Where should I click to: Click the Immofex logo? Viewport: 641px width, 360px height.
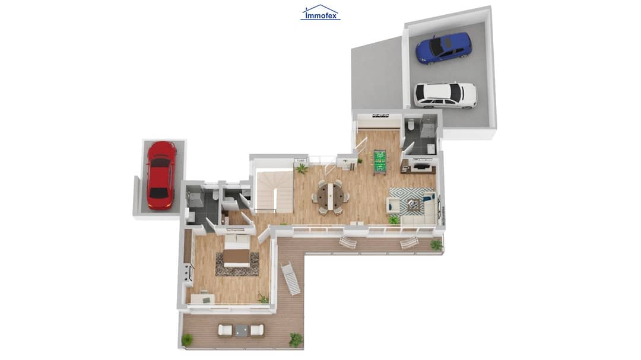coord(320,12)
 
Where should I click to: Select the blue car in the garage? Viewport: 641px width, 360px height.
coord(443,48)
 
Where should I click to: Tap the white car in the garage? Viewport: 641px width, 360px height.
coord(445,95)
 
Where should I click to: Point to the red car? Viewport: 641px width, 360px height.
coord(161,175)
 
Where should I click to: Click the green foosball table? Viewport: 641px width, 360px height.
coord(380,163)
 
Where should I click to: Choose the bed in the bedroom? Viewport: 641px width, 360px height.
coord(237,251)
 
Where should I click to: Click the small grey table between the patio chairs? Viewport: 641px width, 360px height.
coord(241,330)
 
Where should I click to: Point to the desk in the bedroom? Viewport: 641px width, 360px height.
coord(202,299)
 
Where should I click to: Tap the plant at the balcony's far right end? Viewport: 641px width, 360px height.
coord(436,245)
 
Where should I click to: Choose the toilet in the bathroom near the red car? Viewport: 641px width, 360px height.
coord(215,196)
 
